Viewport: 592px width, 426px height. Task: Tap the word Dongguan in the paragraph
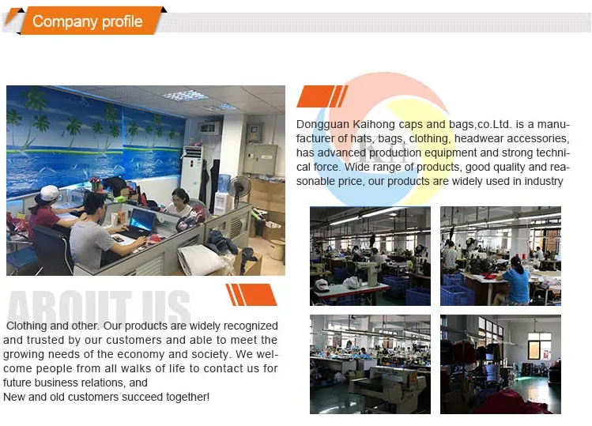coord(322,124)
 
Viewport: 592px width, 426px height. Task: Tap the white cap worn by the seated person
coord(48,193)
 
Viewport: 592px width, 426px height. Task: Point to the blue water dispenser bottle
coord(224,183)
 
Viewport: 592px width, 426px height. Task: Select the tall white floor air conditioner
coord(192,171)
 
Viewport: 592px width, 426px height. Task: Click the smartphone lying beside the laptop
coord(119,239)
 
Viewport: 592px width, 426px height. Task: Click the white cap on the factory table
coord(322,285)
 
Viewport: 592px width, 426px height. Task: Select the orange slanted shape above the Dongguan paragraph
coord(322,96)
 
